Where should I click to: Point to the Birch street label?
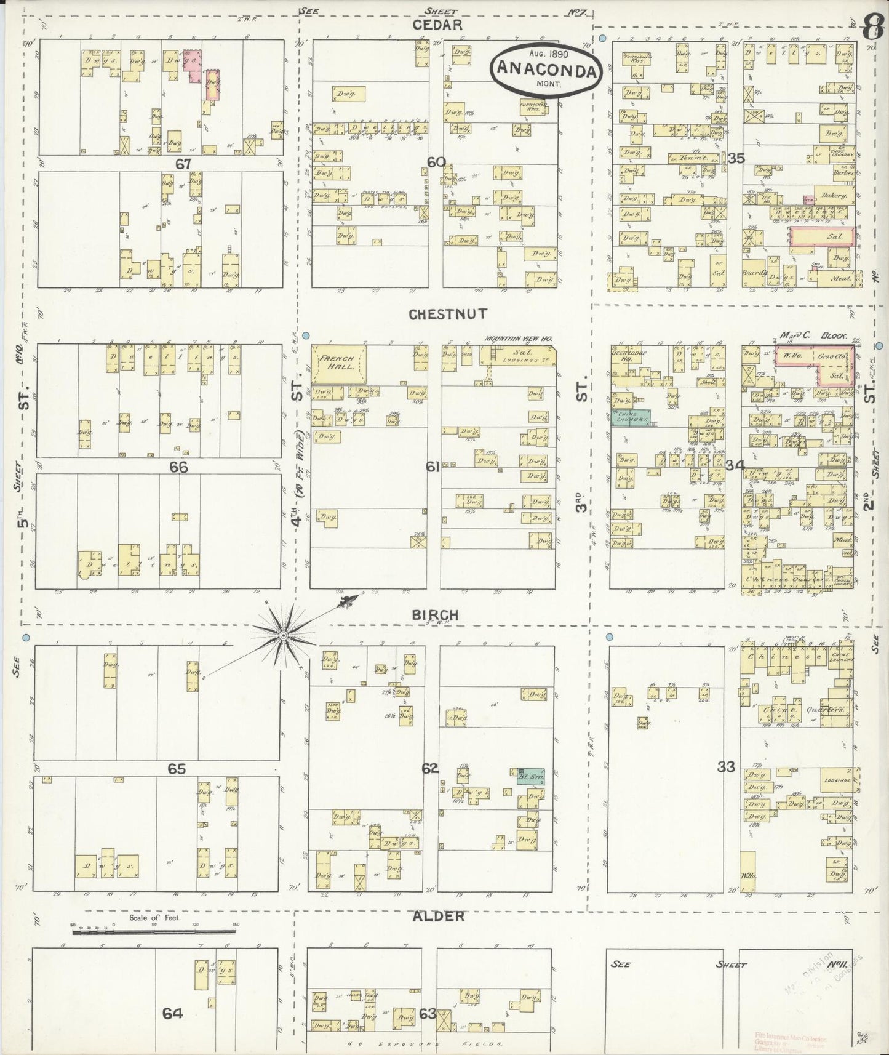436,615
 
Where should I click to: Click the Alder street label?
437,917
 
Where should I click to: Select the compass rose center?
283,635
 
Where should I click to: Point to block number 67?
183,164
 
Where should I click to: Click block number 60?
436,162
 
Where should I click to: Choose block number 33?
726,767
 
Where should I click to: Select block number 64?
172,1013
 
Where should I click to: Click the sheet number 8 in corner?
870,27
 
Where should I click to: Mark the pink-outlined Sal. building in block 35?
822,236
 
